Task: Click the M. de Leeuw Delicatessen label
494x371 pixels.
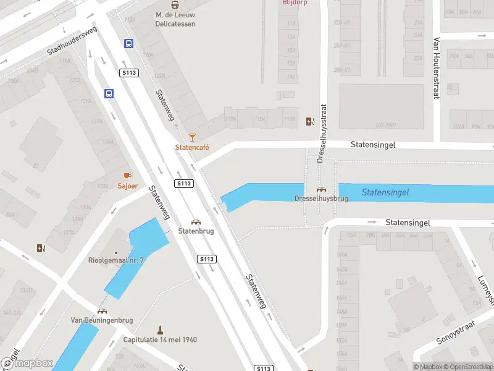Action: pyautogui.click(x=175, y=19)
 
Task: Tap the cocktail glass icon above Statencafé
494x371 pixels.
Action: pyautogui.click(x=192, y=137)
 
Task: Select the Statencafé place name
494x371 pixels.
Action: pyautogui.click(x=192, y=147)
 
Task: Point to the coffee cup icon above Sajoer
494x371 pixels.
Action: pyautogui.click(x=128, y=176)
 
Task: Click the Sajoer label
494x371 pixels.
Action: pyautogui.click(x=128, y=185)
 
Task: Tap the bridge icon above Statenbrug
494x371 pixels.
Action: pyautogui.click(x=196, y=222)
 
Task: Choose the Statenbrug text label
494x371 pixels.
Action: pyautogui.click(x=196, y=231)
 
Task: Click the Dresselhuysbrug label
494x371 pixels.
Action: pyautogui.click(x=321, y=198)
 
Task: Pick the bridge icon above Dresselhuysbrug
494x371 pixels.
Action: pyautogui.click(x=321, y=189)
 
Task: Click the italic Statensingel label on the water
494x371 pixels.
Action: pyautogui.click(x=385, y=192)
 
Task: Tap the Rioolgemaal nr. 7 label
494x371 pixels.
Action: pyautogui.click(x=116, y=260)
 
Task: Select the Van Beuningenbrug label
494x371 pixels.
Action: pyautogui.click(x=103, y=320)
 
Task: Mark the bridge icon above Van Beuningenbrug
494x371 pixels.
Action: pyautogui.click(x=103, y=311)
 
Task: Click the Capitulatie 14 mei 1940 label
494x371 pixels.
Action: pyautogui.click(x=160, y=339)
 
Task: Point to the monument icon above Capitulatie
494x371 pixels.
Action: pyautogui.click(x=160, y=330)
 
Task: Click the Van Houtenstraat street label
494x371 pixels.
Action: pyautogui.click(x=436, y=69)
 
